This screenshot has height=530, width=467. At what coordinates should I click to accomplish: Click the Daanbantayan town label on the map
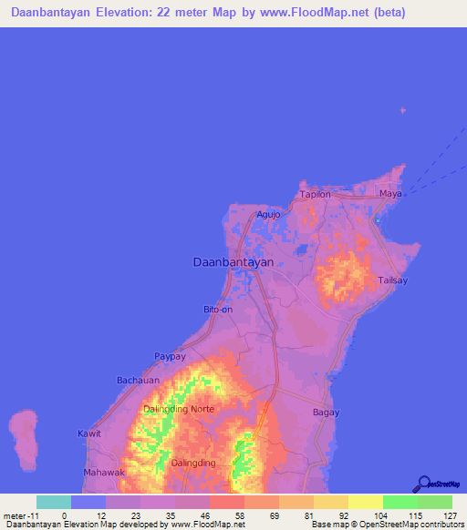[233, 261]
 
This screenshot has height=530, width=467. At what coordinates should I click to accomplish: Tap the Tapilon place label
[315, 194]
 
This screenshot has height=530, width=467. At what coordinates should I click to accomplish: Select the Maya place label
[390, 194]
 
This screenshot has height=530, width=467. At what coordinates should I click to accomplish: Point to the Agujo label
[268, 215]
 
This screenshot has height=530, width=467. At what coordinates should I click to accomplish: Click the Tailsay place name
[394, 281]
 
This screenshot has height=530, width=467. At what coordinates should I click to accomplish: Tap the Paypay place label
[170, 356]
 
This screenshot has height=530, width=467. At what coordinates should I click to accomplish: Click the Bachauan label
[138, 380]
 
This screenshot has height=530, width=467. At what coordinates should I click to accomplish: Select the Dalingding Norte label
[178, 409]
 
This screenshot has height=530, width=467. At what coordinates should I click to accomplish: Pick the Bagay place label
[326, 413]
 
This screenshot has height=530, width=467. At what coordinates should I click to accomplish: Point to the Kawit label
[88, 433]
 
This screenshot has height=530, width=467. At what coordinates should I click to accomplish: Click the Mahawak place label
[102, 473]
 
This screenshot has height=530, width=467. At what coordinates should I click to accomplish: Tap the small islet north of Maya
[403, 110]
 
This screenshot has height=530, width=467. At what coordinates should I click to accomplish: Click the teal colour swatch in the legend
[53, 502]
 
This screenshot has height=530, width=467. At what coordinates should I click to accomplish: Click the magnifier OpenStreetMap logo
[423, 484]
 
